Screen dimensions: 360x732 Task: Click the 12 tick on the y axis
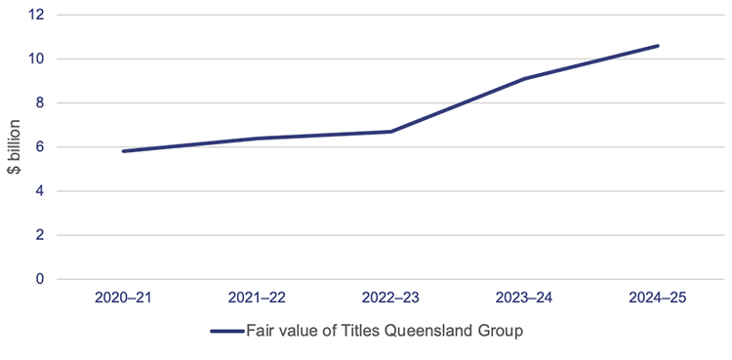click(x=38, y=15)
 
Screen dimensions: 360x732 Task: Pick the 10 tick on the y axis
click(x=38, y=59)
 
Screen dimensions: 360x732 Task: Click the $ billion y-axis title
click(x=14, y=146)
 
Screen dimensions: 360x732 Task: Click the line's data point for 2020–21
click(x=123, y=151)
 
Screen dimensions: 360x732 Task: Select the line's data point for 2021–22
click(x=257, y=139)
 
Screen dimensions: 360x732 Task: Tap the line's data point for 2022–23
click(x=390, y=132)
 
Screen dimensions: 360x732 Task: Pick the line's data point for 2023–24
click(x=524, y=79)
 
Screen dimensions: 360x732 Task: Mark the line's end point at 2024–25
click(x=658, y=46)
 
